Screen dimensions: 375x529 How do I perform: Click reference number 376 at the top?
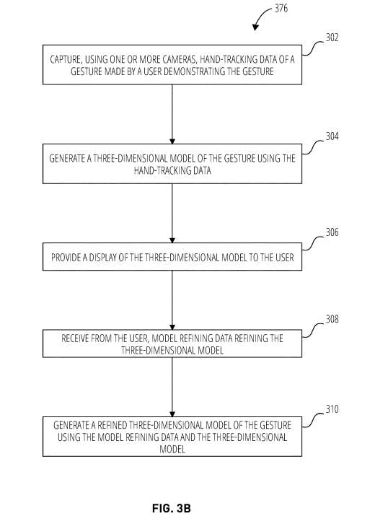coord(281,8)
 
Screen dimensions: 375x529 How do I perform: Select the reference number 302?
coord(332,38)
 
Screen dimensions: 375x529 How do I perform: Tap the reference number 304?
coord(332,136)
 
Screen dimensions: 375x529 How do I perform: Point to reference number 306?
coord(332,232)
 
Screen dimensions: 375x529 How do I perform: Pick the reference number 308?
coord(332,319)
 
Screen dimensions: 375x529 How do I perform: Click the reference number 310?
coord(332,409)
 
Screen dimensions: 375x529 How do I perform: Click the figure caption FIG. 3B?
coord(172,508)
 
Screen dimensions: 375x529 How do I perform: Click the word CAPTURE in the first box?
coord(66,60)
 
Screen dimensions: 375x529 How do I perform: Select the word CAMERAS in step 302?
coord(180,60)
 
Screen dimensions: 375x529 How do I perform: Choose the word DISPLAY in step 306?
coord(103,258)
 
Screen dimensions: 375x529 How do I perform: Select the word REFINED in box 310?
coord(112,425)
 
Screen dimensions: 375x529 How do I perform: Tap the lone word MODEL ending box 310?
coord(172,450)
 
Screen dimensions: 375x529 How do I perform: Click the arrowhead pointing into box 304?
coord(172,141)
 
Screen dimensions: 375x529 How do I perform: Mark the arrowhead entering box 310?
coord(172,414)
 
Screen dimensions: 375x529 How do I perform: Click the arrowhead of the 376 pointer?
coord(255,27)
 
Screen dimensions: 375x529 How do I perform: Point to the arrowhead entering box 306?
coord(172,240)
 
